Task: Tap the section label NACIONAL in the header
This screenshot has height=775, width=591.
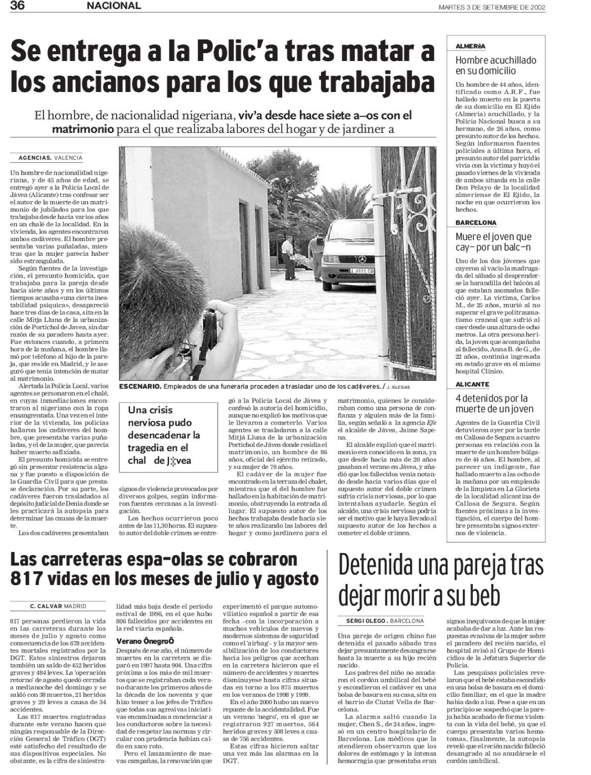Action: (114, 6)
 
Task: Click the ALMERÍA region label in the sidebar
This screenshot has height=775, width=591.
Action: (470, 46)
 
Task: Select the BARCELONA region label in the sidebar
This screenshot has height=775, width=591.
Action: (476, 223)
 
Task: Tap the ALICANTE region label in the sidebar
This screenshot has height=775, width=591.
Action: (472, 385)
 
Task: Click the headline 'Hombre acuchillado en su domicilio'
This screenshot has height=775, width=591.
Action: (495, 66)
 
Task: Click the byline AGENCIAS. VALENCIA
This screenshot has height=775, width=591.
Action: (50, 158)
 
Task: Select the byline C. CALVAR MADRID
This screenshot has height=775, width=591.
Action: (58, 606)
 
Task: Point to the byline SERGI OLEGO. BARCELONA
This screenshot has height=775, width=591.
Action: (381, 620)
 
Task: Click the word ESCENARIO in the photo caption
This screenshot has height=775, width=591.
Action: (140, 387)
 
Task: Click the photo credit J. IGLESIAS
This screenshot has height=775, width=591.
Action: (413, 387)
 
